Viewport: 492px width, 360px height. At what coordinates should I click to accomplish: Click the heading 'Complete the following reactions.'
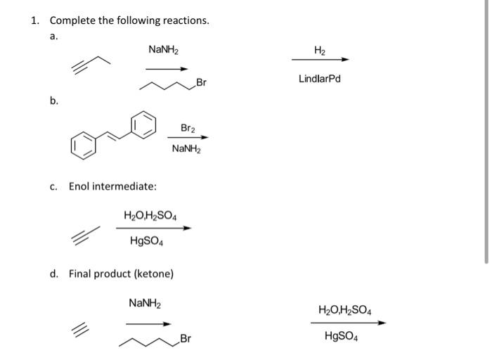pos(129,20)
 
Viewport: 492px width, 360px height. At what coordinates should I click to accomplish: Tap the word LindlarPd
pos(319,79)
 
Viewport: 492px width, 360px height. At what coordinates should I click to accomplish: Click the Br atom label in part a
pos(202,82)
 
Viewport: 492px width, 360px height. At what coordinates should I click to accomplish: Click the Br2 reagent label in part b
pos(188,128)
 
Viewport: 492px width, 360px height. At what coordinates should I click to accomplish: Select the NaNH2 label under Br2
pos(187,149)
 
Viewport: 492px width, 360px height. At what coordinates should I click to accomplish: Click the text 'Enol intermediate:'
pos(112,186)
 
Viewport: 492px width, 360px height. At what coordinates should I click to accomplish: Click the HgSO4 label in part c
pos(147,241)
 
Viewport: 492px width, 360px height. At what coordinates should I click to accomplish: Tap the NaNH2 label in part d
pos(145,303)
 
